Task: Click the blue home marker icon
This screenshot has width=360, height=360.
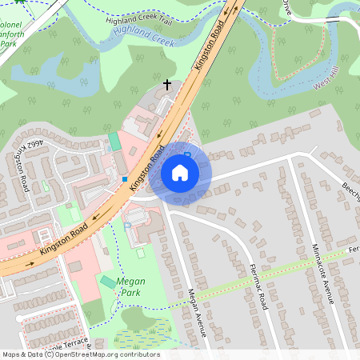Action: click(180, 172)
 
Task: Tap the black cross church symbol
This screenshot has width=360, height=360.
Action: click(167, 84)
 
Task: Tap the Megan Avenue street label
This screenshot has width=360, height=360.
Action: click(197, 312)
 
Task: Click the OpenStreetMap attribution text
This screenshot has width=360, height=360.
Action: click(80, 354)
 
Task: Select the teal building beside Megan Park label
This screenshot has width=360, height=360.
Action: click(107, 282)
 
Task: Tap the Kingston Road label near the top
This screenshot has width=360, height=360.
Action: click(206, 47)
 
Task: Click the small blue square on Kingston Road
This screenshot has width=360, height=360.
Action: click(126, 178)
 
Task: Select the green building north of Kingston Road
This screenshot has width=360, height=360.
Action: click(114, 142)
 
